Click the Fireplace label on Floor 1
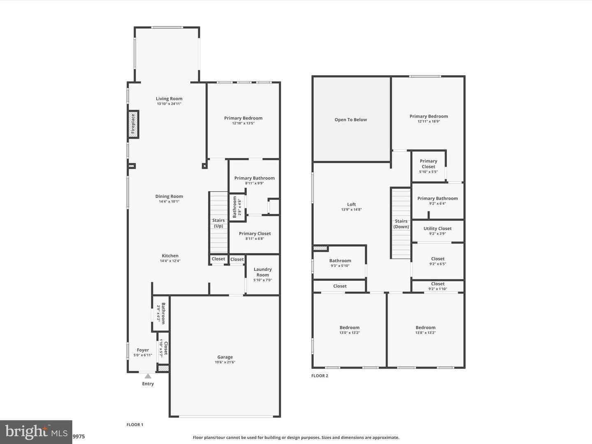(x=133, y=124)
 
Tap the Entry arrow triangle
(x=148, y=376)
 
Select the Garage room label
(x=225, y=357)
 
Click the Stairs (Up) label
(x=218, y=223)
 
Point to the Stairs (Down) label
(x=401, y=224)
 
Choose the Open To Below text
(x=351, y=120)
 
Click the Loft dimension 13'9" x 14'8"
(x=351, y=210)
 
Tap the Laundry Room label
(x=263, y=272)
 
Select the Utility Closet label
(x=437, y=228)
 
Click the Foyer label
(x=143, y=350)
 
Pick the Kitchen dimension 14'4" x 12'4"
(x=170, y=261)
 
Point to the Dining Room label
(x=169, y=196)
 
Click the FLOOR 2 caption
(x=319, y=375)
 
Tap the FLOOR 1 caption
(x=135, y=424)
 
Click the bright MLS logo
(x=36, y=432)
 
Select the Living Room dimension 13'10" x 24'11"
(x=169, y=104)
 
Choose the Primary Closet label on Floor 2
(x=428, y=164)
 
